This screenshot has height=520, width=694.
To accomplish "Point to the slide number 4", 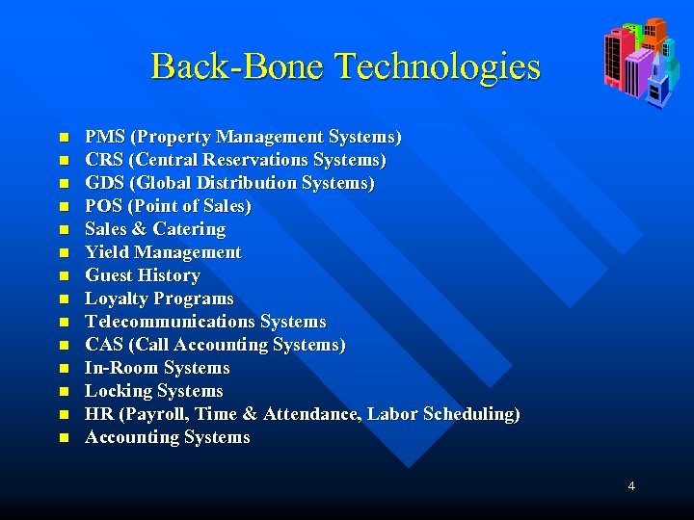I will tap(631, 486).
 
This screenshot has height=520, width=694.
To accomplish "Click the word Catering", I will tap(189, 229).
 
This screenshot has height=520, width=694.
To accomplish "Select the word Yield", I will tap(107, 252).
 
